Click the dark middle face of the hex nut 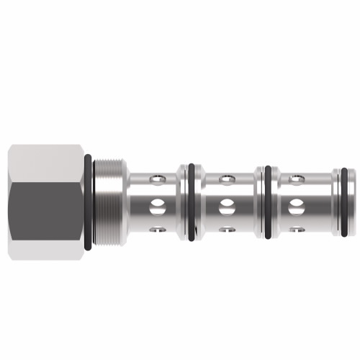45,202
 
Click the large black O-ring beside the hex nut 88,202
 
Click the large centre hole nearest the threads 156,206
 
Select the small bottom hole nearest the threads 156,231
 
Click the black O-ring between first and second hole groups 191,202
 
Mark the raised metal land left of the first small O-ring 182,202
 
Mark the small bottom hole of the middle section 225,231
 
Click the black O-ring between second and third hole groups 268,202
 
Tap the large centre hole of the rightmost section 295,206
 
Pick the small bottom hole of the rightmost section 295,231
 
